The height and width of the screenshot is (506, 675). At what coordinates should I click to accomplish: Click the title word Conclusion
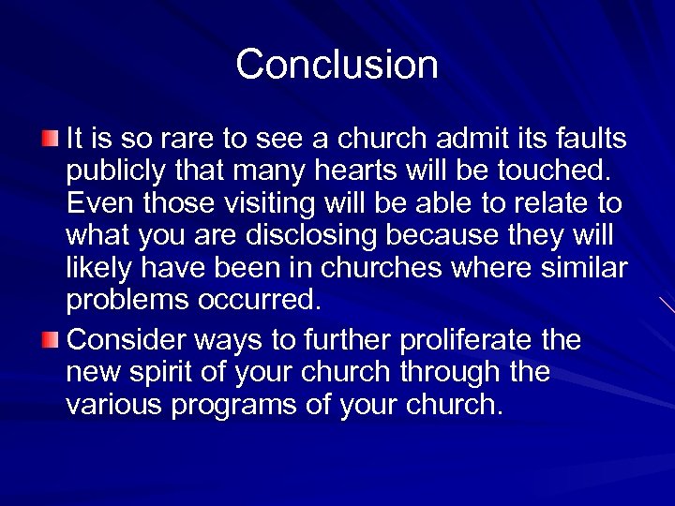pos(337,65)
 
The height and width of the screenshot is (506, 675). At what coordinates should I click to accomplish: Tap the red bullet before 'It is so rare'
pos(50,140)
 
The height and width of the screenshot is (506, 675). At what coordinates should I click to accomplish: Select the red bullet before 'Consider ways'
pos(50,337)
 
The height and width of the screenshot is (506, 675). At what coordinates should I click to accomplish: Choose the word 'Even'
pos(96,205)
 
